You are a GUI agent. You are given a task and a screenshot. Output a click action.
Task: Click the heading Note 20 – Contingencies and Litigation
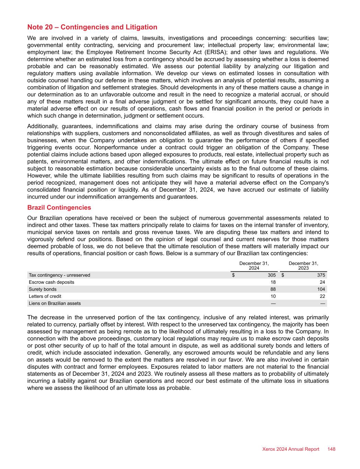(x=92, y=27)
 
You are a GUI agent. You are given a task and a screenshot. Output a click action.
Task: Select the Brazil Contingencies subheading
(x=59, y=208)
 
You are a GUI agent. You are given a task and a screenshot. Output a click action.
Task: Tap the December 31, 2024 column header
(x=254, y=266)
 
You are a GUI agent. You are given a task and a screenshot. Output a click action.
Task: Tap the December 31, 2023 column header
(x=303, y=266)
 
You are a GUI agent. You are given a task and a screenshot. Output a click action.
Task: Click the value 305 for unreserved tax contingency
(x=272, y=275)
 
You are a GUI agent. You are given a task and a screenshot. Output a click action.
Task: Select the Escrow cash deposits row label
(x=52, y=282)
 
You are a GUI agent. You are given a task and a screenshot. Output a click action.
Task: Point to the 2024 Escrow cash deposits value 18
(x=273, y=282)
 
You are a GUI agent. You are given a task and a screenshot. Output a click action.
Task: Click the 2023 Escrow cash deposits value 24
(x=322, y=282)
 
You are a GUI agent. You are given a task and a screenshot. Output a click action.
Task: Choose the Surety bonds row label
(x=43, y=289)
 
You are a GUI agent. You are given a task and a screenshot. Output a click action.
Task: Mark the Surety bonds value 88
(x=273, y=289)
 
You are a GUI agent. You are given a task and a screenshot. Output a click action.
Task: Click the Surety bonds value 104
(x=321, y=289)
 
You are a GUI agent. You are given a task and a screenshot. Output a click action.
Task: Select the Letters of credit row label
(x=45, y=296)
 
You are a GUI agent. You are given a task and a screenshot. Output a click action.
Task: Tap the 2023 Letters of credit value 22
(x=322, y=296)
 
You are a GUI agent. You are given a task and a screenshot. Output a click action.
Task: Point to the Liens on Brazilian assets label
(x=55, y=303)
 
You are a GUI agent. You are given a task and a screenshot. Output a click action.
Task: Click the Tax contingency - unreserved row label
(x=59, y=275)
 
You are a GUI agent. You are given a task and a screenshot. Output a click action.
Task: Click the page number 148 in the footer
(x=331, y=449)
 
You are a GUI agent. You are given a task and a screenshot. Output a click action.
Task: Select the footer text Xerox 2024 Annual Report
(x=291, y=449)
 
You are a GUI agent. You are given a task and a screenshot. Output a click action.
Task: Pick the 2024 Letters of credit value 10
(x=273, y=296)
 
